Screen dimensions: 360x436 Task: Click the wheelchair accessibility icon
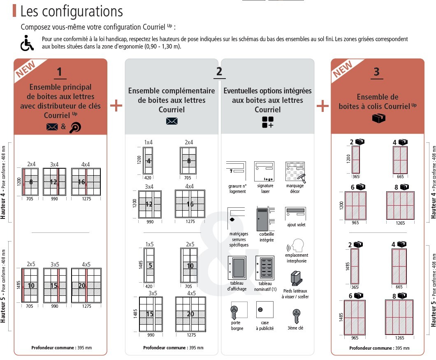27,43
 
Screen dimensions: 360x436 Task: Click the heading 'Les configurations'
71,11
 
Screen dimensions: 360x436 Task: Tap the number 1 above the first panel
60,72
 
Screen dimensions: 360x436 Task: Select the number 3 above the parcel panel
377,72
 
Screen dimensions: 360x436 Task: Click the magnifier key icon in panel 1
75,127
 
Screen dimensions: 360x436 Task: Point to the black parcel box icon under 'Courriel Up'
378,118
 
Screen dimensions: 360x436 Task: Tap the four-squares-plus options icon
268,122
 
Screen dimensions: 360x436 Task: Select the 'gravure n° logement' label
237,188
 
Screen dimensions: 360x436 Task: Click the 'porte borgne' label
237,325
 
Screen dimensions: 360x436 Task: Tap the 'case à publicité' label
265,325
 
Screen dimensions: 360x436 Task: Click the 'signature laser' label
265,188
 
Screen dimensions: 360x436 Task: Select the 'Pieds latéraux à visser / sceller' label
296,294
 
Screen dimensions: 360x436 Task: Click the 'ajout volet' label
296,225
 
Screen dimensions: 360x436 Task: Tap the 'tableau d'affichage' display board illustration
237,268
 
